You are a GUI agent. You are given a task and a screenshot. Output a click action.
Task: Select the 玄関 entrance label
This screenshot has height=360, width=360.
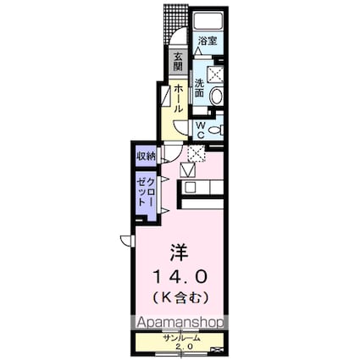click(179, 63)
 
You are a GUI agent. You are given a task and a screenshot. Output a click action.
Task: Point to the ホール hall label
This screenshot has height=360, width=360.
click(179, 99)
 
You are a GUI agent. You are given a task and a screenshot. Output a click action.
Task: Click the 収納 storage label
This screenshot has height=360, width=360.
click(145, 156)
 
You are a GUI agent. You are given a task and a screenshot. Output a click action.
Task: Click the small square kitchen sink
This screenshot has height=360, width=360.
click(190, 187)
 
